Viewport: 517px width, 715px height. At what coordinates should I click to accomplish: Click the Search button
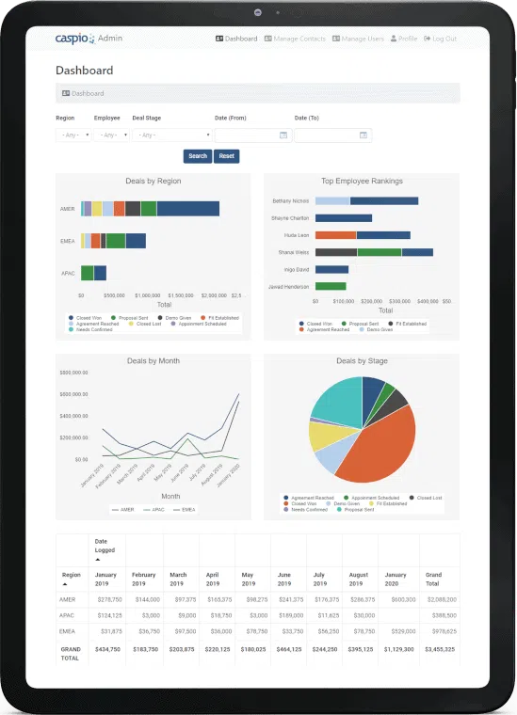(x=198, y=156)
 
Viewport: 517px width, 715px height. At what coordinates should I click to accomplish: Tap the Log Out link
(x=441, y=39)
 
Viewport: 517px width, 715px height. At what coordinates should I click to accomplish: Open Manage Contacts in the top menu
(x=295, y=39)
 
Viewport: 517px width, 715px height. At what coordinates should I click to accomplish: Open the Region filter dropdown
(x=73, y=135)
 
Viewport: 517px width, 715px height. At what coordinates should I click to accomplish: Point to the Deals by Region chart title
(x=153, y=181)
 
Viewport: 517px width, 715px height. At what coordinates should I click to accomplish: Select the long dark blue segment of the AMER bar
(x=187, y=209)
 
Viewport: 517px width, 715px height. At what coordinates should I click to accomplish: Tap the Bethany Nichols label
(x=290, y=200)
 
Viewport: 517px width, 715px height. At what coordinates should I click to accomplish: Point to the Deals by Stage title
(x=362, y=360)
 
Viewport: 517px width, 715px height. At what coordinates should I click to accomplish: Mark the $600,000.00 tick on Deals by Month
(x=73, y=394)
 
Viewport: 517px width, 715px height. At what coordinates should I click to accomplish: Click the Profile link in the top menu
(x=404, y=39)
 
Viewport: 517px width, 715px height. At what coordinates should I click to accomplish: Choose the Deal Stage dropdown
(x=172, y=135)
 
